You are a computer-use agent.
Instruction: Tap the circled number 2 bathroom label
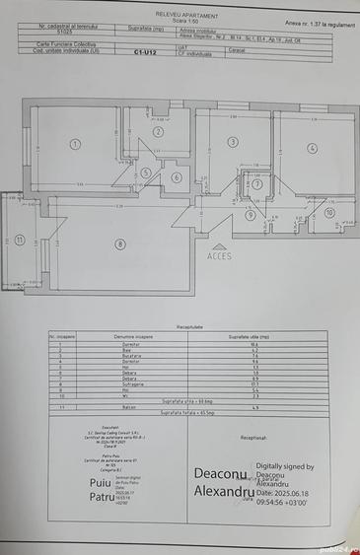point(157,132)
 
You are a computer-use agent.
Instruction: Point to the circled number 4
point(312,148)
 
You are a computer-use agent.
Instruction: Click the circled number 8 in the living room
point(120,243)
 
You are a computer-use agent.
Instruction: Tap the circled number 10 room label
point(329,212)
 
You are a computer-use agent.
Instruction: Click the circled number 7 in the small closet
point(256,183)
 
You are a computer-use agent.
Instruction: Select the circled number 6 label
point(177,177)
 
